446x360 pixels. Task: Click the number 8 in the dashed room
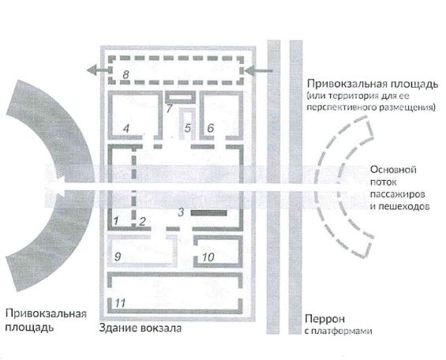[x=126, y=75]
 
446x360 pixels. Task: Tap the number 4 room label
[x=126, y=129]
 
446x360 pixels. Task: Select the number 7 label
[x=170, y=108]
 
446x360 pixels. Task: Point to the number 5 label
[x=187, y=128]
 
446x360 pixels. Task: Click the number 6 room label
[x=211, y=128]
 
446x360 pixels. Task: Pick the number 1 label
[x=116, y=221]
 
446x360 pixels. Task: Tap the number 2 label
[x=142, y=221]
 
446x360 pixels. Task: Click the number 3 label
[x=182, y=212]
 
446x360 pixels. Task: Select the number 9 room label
[x=118, y=257]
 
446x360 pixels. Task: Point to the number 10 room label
[x=208, y=257]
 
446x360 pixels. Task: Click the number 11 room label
[x=120, y=303]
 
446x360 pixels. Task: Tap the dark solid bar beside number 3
[x=208, y=212]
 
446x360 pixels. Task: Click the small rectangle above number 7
[x=180, y=97]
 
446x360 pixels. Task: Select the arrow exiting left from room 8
[x=99, y=70]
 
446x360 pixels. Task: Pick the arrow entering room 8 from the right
[x=258, y=70]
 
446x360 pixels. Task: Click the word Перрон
[x=324, y=319]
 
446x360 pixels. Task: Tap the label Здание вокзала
[x=141, y=328]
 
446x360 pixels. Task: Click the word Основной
[x=393, y=170]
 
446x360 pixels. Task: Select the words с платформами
[x=338, y=332]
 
